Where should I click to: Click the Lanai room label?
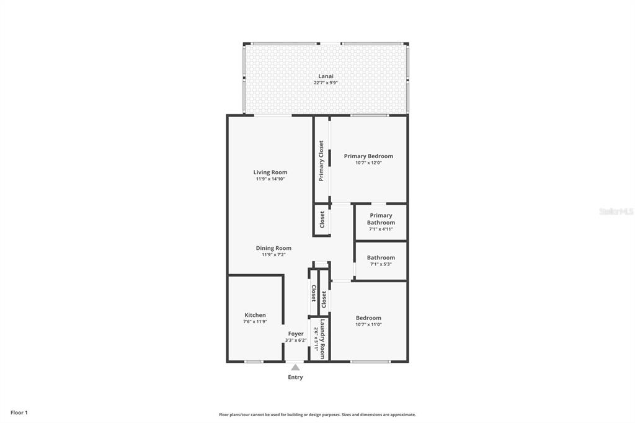326,76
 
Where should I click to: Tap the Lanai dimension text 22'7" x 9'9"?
326,83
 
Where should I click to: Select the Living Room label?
270,172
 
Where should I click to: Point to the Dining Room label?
273,248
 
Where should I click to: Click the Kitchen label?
255,315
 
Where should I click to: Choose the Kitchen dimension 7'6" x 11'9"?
255,322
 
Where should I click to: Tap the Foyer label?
296,334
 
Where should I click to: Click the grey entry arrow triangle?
296,367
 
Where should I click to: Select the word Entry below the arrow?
295,377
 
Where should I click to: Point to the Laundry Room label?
322,339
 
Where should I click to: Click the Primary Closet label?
321,161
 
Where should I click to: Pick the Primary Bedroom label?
368,156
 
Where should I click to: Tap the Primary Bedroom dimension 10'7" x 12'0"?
368,163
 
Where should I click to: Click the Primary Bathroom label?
381,219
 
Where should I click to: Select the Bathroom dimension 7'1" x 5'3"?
381,264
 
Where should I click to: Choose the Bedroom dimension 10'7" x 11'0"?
368,324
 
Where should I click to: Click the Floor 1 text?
19,412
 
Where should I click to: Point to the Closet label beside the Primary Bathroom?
322,220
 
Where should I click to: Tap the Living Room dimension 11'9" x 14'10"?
270,179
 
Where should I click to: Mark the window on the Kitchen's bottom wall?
254,362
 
